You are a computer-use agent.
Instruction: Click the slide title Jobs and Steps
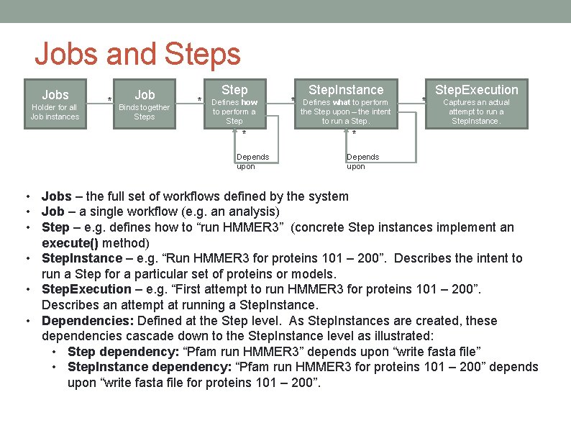click(x=137, y=54)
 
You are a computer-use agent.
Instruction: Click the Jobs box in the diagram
click(x=55, y=104)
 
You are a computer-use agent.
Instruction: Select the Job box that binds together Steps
click(x=145, y=104)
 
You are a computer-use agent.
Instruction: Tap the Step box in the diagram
click(x=234, y=104)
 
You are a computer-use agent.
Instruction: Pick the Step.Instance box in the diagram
click(x=346, y=104)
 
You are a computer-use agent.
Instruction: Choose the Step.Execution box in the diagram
click(x=477, y=104)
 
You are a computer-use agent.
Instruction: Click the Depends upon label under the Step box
click(x=252, y=161)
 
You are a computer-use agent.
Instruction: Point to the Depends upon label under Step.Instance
click(x=362, y=161)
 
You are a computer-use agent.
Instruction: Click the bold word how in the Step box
click(x=250, y=102)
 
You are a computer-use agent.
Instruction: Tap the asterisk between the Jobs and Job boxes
click(x=109, y=99)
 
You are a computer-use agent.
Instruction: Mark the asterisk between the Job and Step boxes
click(x=199, y=99)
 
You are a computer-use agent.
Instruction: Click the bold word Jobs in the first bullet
click(x=57, y=196)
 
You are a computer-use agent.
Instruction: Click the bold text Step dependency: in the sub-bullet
click(x=124, y=351)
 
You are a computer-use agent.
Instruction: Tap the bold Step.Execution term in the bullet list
click(x=86, y=289)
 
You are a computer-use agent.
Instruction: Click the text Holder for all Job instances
click(x=55, y=111)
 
